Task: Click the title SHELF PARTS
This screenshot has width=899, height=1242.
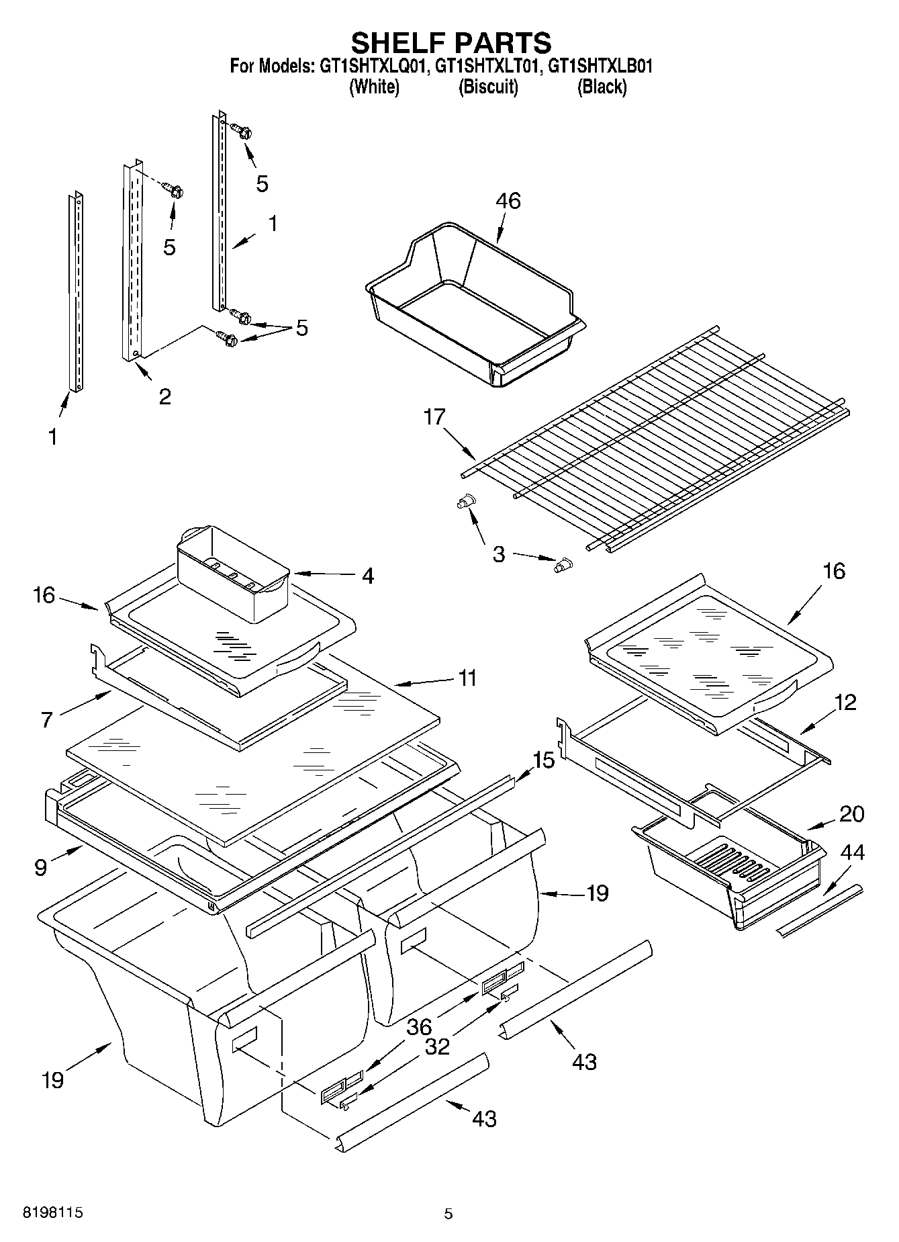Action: point(451,42)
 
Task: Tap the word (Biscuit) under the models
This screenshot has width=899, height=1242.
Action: point(488,87)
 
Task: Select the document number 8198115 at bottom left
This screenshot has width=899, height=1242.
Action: point(53,1212)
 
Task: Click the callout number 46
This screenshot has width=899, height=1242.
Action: point(508,200)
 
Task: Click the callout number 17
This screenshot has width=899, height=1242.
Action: point(434,417)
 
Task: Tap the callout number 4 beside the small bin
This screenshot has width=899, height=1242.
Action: point(367,576)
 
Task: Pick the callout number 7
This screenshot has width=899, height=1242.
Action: point(46,720)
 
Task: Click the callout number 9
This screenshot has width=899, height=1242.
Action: point(41,867)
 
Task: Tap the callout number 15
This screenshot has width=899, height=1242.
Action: point(543,760)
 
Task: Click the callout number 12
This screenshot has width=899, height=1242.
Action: point(845,703)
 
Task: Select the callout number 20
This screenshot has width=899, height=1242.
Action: point(851,813)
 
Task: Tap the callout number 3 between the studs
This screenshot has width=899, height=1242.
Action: point(498,554)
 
